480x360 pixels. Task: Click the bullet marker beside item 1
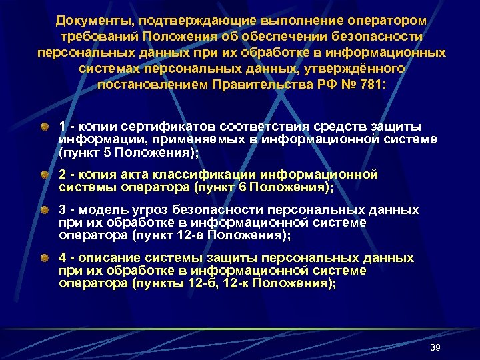click(x=43, y=127)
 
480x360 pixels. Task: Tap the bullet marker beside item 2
click(x=43, y=175)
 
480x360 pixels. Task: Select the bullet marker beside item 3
click(x=43, y=210)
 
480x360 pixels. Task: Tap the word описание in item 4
click(x=111, y=258)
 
